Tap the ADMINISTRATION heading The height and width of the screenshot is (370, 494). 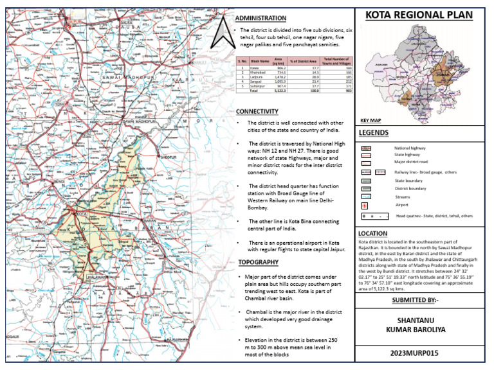[261, 18]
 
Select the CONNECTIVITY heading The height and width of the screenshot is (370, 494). [257, 111]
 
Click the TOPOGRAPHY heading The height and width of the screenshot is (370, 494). [258, 263]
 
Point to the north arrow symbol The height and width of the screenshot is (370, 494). [222, 33]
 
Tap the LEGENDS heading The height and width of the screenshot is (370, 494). [374, 133]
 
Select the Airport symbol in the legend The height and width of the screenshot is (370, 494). [365, 205]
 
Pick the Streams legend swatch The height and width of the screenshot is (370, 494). [365, 197]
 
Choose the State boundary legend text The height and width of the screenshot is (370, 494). [409, 181]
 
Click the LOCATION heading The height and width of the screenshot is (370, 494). [374, 233]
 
